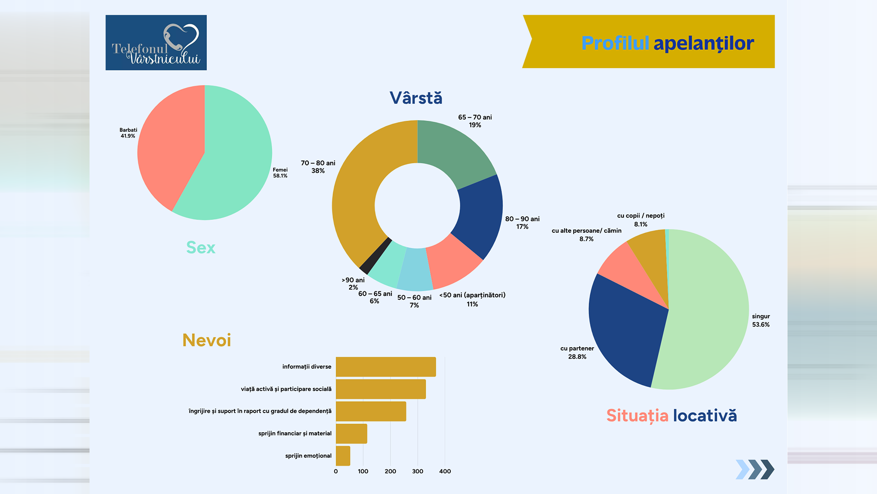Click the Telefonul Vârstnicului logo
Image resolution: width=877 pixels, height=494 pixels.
pos(156,43)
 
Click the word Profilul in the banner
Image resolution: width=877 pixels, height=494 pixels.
pos(615,43)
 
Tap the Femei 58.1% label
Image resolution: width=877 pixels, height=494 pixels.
pos(280,173)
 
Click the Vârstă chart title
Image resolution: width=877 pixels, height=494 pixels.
pos(416,98)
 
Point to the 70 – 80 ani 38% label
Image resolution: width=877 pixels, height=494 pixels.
pos(318,167)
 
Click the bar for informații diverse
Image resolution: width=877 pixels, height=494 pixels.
pos(386,367)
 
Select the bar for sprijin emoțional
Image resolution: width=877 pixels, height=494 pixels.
pos(343,456)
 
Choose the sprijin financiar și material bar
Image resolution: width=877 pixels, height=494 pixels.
pos(351,434)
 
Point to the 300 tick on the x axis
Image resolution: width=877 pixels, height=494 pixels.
pos(417,471)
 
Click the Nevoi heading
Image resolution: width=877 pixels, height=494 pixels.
pos(206,340)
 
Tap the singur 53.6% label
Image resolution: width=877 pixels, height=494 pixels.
pos(761,320)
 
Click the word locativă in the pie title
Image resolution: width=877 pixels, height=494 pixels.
pos(704,416)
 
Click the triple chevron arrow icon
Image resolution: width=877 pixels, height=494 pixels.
pos(755,469)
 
